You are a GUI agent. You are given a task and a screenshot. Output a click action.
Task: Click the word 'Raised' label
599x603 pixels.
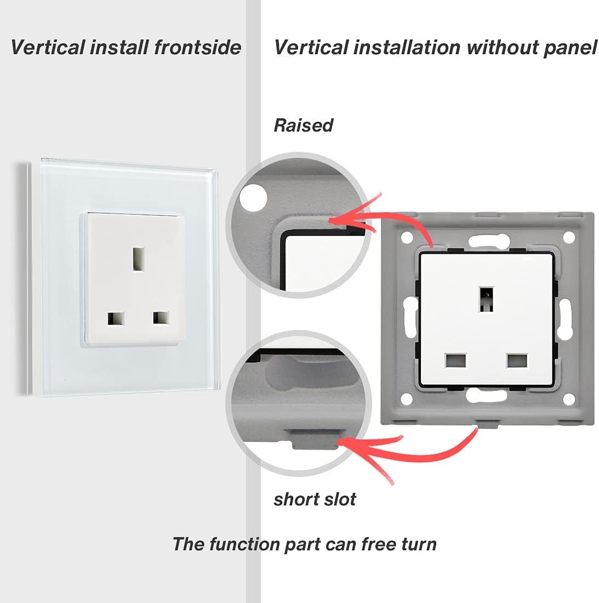[303, 126]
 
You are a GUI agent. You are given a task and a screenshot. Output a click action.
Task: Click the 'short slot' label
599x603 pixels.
[315, 499]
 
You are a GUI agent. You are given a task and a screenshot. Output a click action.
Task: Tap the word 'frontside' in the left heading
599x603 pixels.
[197, 48]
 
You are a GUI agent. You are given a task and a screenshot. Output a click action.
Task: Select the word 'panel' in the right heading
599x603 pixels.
[569, 48]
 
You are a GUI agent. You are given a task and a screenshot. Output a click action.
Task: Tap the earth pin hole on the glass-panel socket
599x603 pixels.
[138, 258]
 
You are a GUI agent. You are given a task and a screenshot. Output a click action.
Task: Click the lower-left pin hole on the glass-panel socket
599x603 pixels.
[116, 318]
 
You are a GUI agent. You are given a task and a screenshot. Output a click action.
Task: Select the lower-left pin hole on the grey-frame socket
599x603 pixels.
[456, 361]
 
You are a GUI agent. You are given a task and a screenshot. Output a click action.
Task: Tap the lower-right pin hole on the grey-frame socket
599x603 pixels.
[517, 361]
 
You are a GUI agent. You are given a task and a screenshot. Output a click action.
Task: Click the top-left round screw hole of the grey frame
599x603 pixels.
[406, 238]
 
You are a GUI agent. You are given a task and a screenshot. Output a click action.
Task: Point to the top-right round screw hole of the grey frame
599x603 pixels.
[569, 237]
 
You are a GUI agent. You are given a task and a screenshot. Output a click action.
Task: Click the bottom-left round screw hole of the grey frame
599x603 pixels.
[406, 399]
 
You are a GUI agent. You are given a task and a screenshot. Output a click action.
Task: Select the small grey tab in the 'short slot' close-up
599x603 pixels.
[313, 439]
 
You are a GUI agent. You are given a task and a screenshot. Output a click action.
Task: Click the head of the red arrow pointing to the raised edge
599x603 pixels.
[332, 220]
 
